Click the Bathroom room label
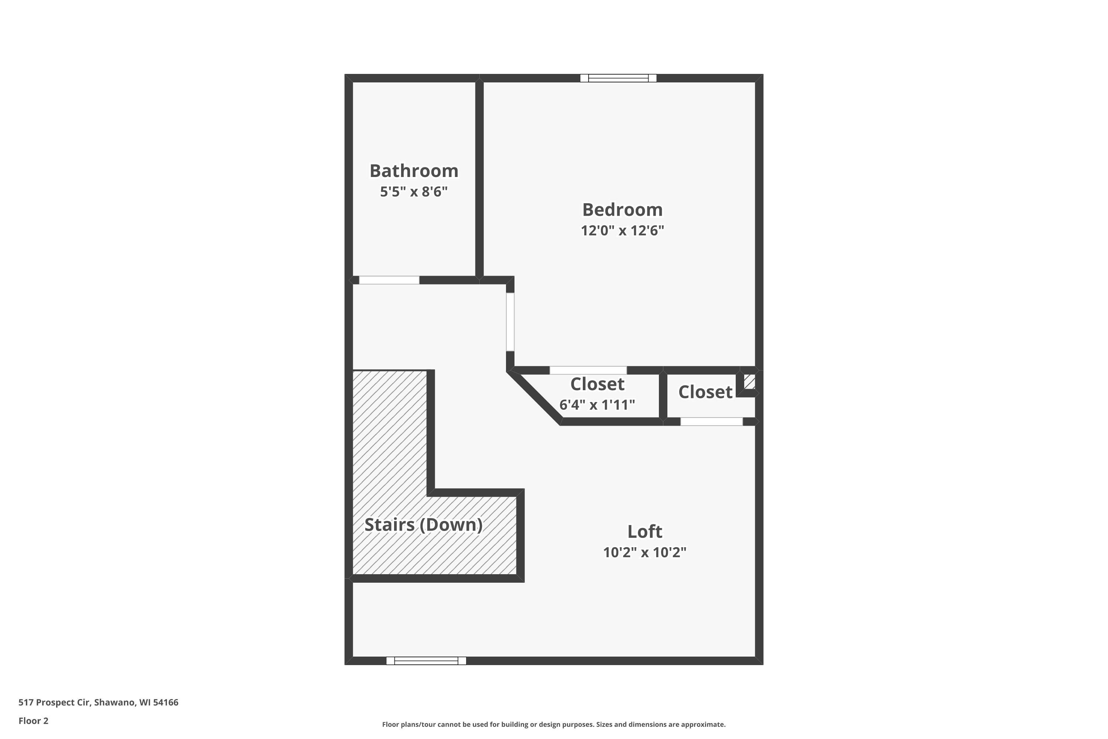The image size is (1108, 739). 414,171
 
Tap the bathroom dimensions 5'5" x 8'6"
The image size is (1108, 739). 414,192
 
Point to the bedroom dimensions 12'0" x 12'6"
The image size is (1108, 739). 622,231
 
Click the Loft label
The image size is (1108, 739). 644,532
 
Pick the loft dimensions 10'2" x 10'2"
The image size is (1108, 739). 644,552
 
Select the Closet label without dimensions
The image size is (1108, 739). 705,392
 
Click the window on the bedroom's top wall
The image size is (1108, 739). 618,78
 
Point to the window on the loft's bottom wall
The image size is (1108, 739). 426,661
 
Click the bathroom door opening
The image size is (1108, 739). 389,280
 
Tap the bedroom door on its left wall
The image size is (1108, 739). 510,322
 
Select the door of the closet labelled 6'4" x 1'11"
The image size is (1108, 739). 588,371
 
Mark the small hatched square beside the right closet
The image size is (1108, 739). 749,381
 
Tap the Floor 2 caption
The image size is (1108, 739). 34,721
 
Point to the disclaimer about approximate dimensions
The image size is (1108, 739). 554,724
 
